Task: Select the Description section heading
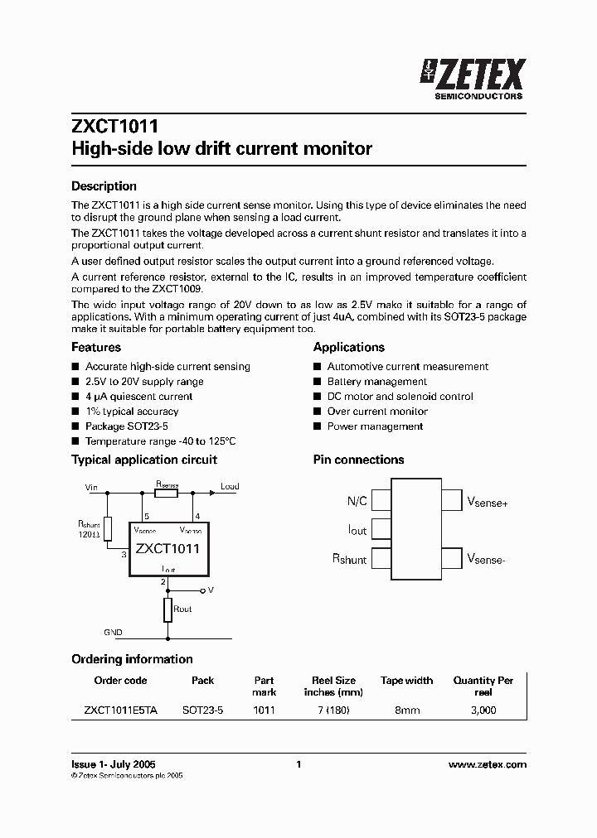(104, 186)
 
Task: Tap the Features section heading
(96, 347)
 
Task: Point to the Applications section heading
(349, 347)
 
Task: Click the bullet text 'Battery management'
(377, 382)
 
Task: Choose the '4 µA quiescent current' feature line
(138, 397)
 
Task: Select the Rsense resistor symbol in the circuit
(167, 493)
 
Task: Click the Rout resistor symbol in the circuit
(167, 610)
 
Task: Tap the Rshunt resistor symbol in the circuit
(107, 526)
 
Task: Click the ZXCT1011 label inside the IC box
(167, 548)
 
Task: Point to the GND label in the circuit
(113, 633)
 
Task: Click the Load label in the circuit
(229, 487)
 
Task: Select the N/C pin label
(357, 500)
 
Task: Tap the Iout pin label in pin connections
(357, 529)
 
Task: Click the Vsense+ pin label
(488, 501)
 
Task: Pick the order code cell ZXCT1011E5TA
(120, 710)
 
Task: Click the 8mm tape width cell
(406, 710)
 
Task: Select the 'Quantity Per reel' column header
(483, 686)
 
